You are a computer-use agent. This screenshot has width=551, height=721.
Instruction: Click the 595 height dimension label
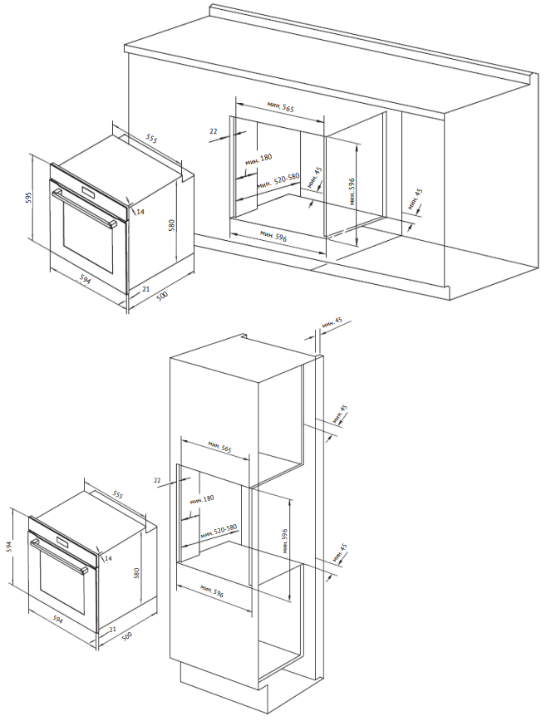click(28, 199)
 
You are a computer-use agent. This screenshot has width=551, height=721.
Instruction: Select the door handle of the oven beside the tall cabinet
click(60, 554)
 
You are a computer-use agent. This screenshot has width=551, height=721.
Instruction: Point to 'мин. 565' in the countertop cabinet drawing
click(281, 107)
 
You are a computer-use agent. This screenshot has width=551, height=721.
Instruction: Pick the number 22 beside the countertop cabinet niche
click(214, 131)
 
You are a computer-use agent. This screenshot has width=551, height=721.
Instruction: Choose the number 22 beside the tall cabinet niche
click(157, 480)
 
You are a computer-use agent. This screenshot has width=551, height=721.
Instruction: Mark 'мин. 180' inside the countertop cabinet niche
click(258, 159)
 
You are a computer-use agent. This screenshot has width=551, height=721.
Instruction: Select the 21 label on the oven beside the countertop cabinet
click(145, 289)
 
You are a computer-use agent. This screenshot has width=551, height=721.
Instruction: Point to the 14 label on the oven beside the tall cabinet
click(107, 558)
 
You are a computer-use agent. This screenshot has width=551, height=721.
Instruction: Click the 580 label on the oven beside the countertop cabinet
click(171, 225)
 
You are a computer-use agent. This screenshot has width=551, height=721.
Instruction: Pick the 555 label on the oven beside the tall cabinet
click(117, 495)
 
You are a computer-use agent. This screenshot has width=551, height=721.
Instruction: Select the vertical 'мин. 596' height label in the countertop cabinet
click(352, 192)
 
